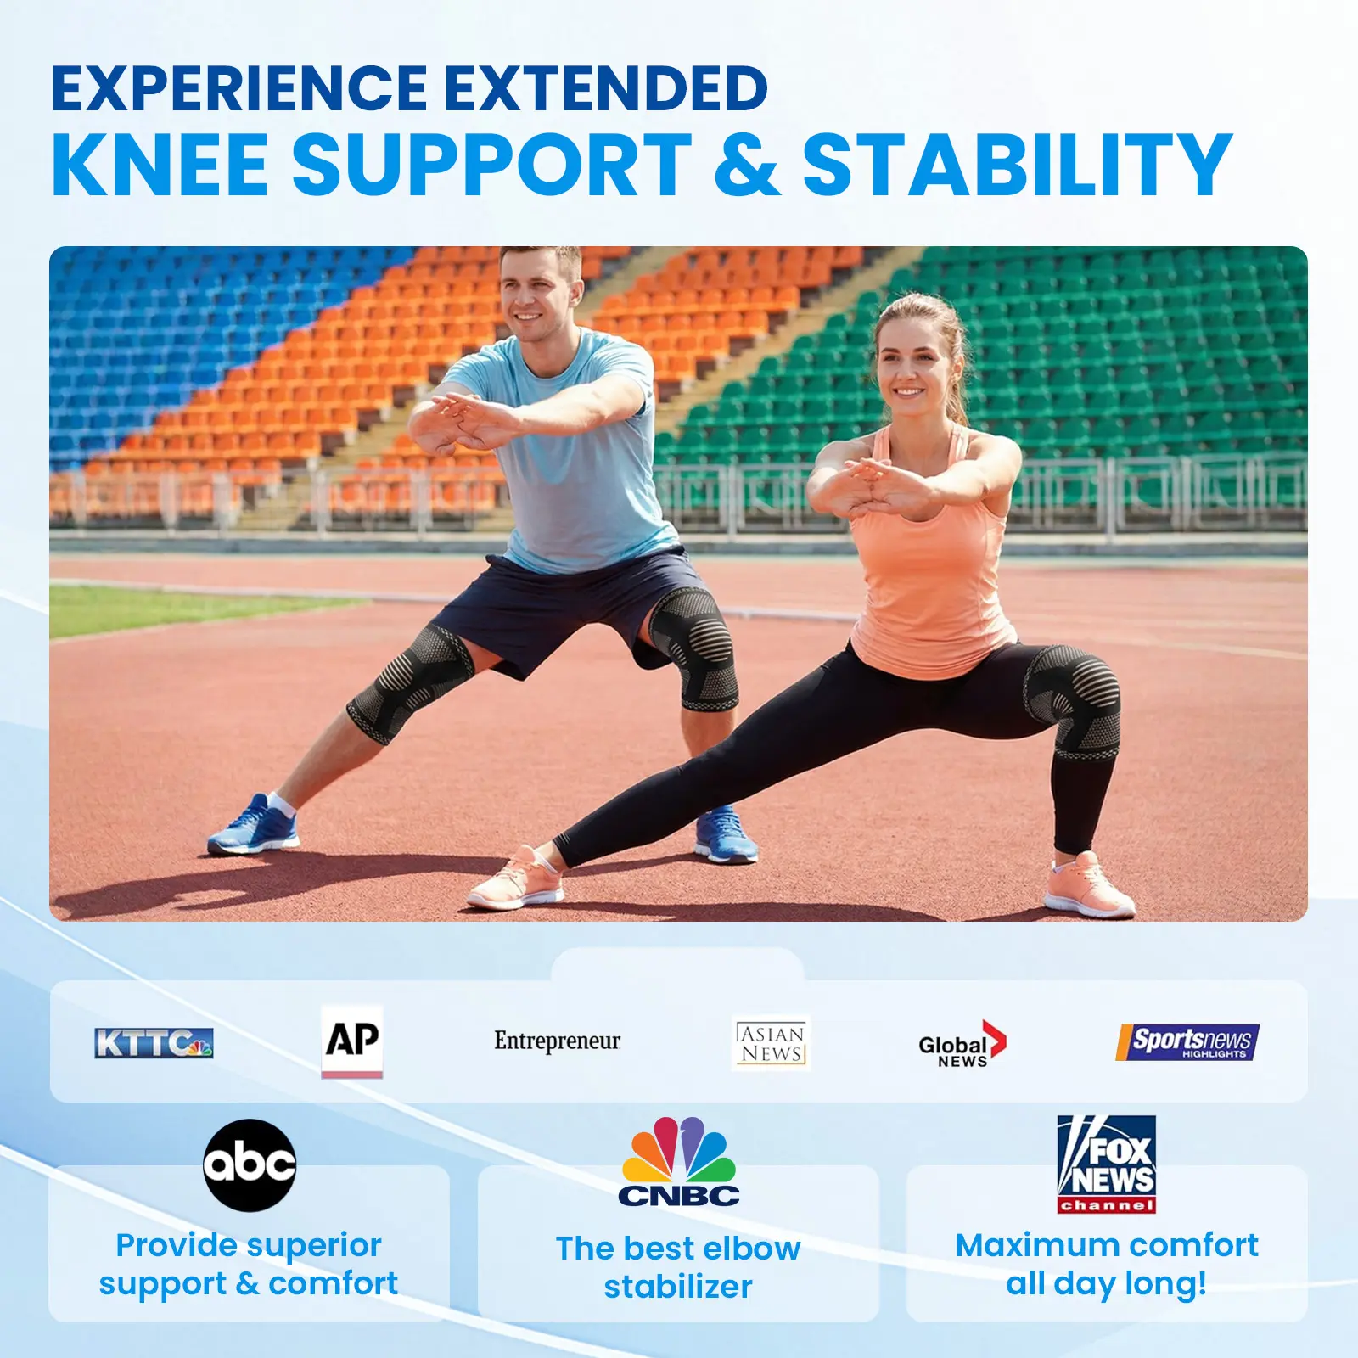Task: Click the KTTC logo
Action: [x=154, y=1042]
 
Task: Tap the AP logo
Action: [x=352, y=1041]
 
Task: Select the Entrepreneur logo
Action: [x=558, y=1041]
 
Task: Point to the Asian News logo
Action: [x=772, y=1043]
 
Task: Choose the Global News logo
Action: [x=962, y=1045]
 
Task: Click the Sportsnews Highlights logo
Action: [x=1187, y=1041]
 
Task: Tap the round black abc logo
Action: [x=250, y=1164]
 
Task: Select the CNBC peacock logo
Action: [x=679, y=1161]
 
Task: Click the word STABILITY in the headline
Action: [x=1017, y=165]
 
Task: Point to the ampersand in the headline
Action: [x=747, y=165]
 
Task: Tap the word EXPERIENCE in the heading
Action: [x=239, y=88]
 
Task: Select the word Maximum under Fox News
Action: [x=1033, y=1245]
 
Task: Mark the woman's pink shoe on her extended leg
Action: [x=515, y=878]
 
